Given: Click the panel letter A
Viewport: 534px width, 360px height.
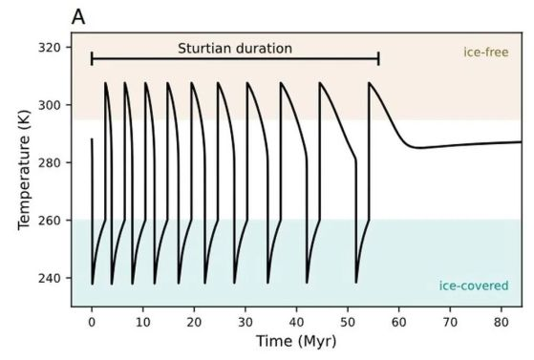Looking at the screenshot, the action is click(x=78, y=17).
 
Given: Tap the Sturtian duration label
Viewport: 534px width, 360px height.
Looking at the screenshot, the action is click(x=235, y=49).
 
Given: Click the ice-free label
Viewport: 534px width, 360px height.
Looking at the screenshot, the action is click(x=486, y=53).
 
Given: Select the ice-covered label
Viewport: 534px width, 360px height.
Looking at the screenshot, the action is click(x=474, y=286).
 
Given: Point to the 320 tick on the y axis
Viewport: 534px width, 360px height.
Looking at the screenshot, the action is click(x=50, y=48).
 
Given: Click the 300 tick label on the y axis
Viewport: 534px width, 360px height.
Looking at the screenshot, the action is click(x=50, y=105).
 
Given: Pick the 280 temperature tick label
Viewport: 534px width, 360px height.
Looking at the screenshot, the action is click(x=50, y=162).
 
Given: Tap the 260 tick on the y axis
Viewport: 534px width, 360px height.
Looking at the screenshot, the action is click(x=50, y=221).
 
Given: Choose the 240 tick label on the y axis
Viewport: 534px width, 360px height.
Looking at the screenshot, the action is click(x=50, y=278).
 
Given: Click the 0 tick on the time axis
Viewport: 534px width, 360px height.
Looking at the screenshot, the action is click(x=92, y=322).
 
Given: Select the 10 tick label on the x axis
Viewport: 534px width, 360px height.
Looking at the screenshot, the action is click(x=143, y=322).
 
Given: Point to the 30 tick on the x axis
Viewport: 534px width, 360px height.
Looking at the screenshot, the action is click(x=246, y=322).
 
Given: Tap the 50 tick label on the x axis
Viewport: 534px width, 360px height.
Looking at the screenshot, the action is click(x=348, y=322).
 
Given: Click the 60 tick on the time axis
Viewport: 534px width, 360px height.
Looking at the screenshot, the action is click(x=398, y=322).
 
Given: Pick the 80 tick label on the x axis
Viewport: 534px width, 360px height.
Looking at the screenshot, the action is click(x=502, y=322).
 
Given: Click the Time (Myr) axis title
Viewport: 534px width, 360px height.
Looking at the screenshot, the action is click(x=296, y=342).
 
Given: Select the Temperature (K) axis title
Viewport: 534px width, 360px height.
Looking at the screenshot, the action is click(x=25, y=170).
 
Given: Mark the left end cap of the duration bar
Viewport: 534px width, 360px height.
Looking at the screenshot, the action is click(x=92, y=59).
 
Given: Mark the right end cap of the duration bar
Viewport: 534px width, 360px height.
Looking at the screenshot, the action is click(x=378, y=59).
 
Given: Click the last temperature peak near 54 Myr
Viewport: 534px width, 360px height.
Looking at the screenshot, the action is click(x=369, y=82).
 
